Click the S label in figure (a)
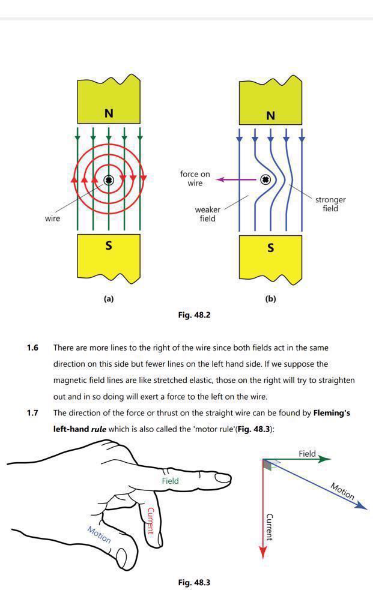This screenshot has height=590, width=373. (x=109, y=245)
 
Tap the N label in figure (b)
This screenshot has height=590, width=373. (x=270, y=115)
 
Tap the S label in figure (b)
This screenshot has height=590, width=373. (x=270, y=247)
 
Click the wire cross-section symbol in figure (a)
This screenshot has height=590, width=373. (x=109, y=179)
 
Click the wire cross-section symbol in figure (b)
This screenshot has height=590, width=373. (x=265, y=179)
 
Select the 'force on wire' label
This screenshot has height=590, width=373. (x=195, y=178)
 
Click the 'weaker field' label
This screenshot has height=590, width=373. (x=207, y=214)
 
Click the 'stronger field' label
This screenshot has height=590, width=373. (x=330, y=204)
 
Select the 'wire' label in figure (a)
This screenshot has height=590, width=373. (x=52, y=218)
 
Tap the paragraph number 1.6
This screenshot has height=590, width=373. (x=33, y=348)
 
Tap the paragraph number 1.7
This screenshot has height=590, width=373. (x=33, y=413)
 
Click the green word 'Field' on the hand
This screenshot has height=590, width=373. (x=170, y=481)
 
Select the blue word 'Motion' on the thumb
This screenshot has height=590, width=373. (x=99, y=534)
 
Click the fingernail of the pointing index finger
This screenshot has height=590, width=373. (x=223, y=478)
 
